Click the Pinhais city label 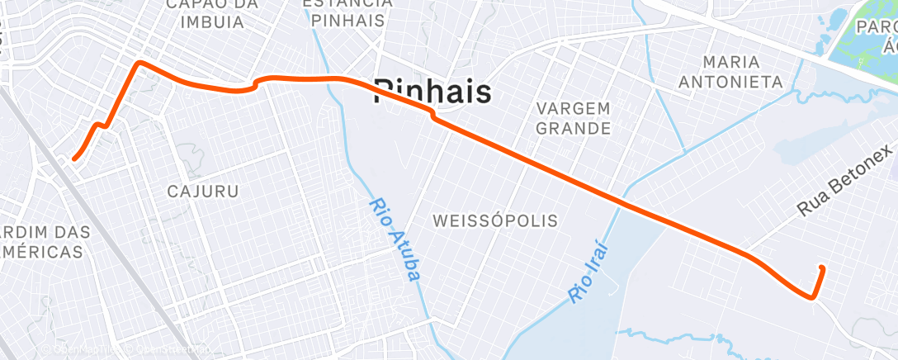coord(432,91)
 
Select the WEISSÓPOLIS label coord(495,220)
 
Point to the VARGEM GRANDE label coord(573,118)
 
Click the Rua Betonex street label coord(845,181)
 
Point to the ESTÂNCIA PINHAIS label coord(345,12)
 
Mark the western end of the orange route coord(74,158)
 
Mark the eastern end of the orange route coord(821,267)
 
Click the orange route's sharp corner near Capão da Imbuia coord(139,63)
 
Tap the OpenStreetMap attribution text coord(169,349)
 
